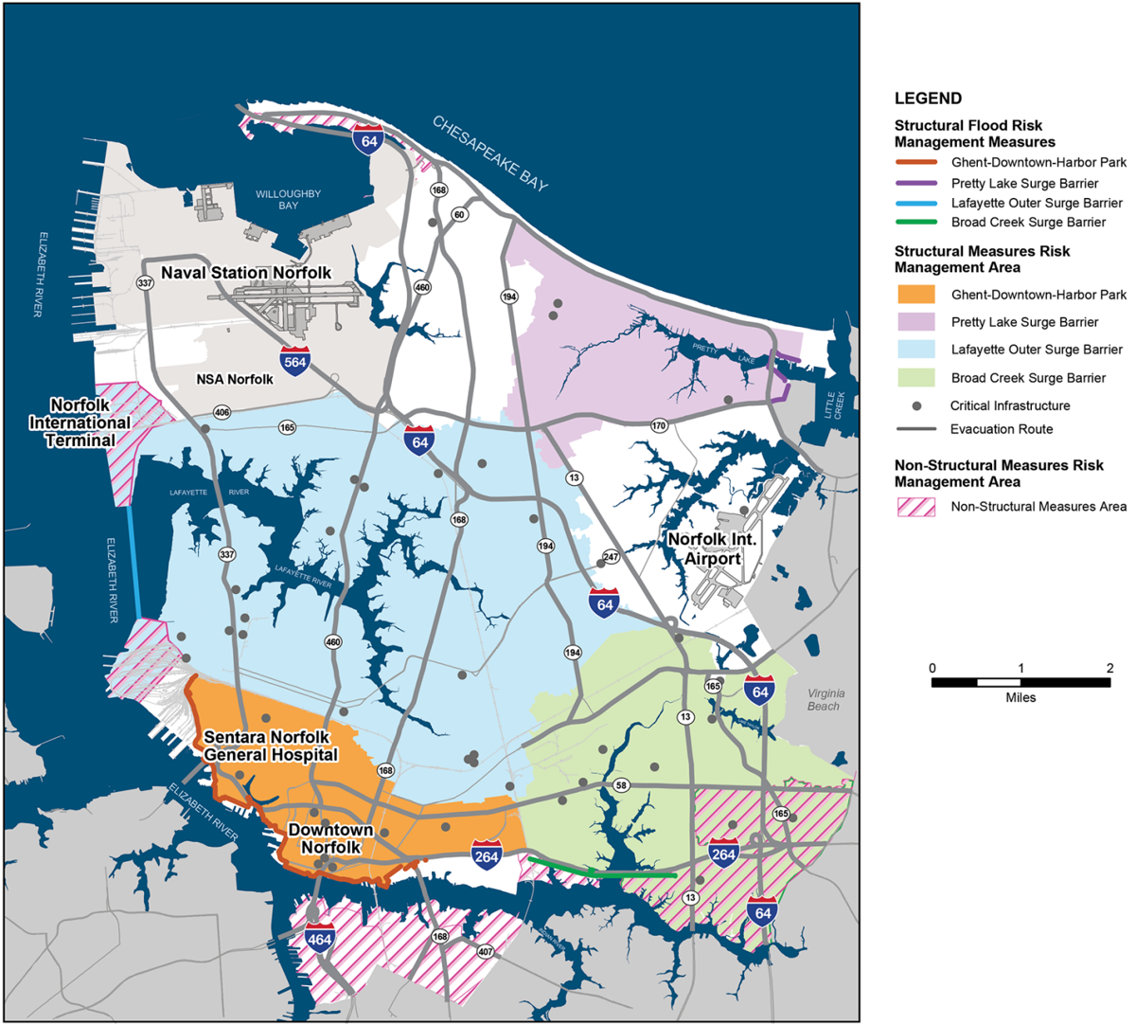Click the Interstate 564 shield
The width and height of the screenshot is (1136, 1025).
tap(294, 361)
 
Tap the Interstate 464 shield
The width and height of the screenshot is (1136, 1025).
tap(319, 938)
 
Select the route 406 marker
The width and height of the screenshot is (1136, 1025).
tap(222, 412)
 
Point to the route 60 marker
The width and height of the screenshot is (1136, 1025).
tap(459, 215)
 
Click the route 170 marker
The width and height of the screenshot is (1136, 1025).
tap(659, 425)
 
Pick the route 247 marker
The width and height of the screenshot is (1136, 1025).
tap(611, 557)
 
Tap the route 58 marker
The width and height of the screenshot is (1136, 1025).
tap(621, 785)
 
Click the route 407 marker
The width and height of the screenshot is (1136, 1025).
tap(486, 951)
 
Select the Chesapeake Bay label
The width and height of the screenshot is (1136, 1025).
tap(490, 153)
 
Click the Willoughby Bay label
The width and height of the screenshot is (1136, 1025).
tap(288, 200)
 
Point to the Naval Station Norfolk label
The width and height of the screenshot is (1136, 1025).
tap(246, 273)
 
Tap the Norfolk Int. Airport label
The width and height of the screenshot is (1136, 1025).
tap(713, 549)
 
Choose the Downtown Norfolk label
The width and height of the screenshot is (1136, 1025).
tap(330, 838)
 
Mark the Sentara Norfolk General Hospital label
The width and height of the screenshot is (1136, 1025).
tap(271, 746)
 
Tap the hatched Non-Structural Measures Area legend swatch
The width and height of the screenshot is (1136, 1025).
tap(914, 507)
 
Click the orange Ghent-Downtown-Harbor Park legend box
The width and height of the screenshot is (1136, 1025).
tap(914, 295)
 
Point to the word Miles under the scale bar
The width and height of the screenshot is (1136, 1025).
tap(1021, 697)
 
